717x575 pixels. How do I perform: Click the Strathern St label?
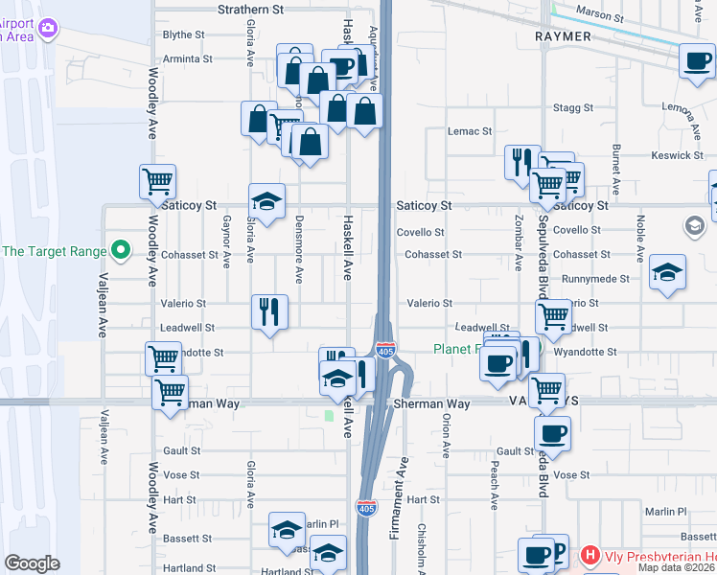coord(251,10)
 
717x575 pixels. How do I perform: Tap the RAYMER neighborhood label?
coord(564,35)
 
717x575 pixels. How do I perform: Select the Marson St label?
coord(600,16)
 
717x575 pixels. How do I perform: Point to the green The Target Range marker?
coord(120,252)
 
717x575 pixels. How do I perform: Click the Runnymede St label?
coord(596,279)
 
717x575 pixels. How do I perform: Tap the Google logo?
coord(32,563)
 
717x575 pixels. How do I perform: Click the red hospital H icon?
coord(590,555)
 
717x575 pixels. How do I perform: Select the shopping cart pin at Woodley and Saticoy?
coord(158,180)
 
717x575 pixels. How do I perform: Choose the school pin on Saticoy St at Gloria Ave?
coord(267,201)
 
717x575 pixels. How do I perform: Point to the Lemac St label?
coord(470,131)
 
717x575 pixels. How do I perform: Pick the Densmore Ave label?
coord(299,261)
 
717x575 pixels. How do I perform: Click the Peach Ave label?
coord(496,487)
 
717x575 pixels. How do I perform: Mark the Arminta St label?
coord(187,58)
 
